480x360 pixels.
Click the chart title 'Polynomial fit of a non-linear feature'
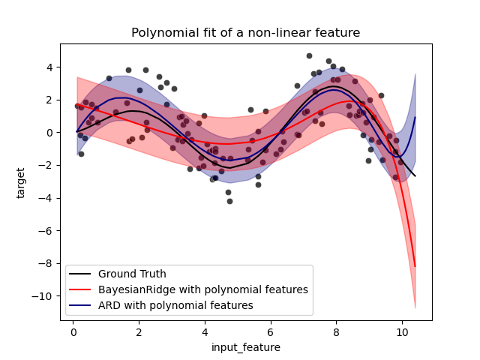pos(245,32)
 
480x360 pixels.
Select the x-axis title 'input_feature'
pos(245,347)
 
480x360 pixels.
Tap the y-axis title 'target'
pos(21,182)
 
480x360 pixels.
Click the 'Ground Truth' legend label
pos(132,274)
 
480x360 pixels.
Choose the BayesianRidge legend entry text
pos(202,289)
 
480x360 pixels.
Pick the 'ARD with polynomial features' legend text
pos(175,305)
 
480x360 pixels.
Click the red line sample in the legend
pos(81,290)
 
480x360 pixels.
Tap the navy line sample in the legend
pos(81,306)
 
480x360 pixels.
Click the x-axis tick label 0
pos(73,332)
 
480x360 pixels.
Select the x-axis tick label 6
pos(270,332)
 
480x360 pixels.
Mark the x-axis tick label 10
pos(402,332)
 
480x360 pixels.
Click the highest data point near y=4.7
pos(309,55)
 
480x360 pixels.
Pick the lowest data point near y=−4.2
pos(229,201)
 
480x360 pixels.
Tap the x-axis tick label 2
pos(139,332)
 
